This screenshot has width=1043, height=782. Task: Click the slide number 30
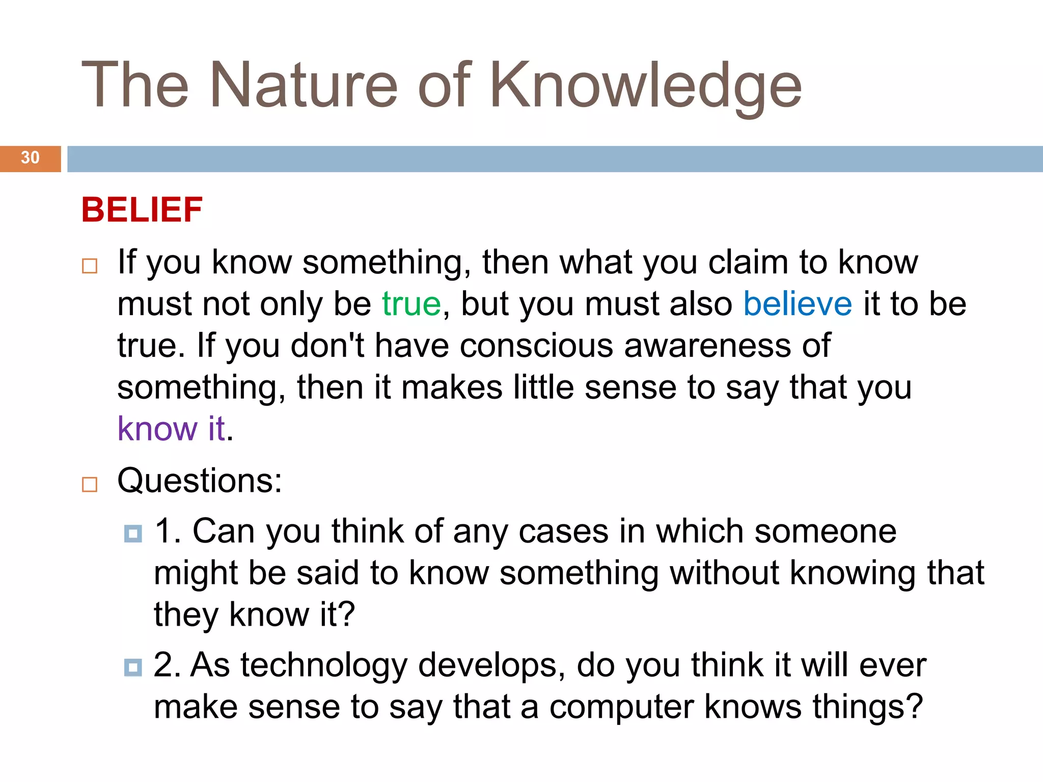coord(30,158)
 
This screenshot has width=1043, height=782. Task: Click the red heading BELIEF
coord(142,210)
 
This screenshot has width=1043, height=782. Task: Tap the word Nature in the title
coord(304,86)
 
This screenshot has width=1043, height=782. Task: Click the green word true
coord(411,304)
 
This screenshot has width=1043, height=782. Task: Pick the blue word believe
coord(798,304)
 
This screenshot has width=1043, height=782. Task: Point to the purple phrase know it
coord(171,429)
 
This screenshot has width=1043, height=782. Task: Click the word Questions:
coord(200,481)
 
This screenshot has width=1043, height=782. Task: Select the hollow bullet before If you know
coord(90,266)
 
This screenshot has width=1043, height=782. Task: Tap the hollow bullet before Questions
coord(90,484)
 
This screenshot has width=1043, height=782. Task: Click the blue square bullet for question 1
coord(133,534)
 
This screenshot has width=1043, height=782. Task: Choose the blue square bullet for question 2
coord(133,667)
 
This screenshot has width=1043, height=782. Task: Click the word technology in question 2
coord(324,666)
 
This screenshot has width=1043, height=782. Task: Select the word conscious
coord(536,346)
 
